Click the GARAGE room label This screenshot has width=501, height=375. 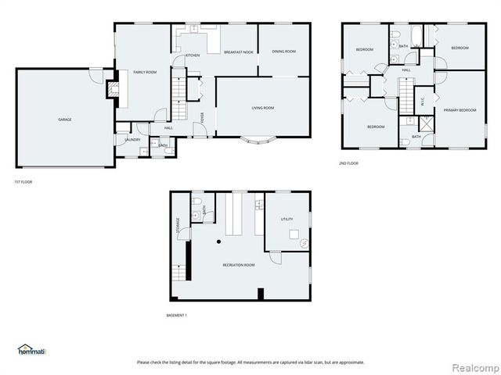(x=65, y=120)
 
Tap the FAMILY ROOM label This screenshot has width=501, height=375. (x=145, y=72)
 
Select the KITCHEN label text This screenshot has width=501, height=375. (x=192, y=55)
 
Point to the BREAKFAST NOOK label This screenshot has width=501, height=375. (x=238, y=52)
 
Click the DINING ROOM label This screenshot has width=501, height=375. (x=283, y=52)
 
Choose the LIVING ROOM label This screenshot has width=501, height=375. (x=262, y=108)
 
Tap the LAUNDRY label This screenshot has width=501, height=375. (x=132, y=140)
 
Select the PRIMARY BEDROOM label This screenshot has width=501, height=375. (x=460, y=110)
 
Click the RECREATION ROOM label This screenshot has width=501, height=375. (x=239, y=266)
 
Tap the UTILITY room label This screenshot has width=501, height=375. (x=287, y=220)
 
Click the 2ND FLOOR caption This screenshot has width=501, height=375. (x=348, y=163)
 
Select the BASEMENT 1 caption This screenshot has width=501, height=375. (x=177, y=315)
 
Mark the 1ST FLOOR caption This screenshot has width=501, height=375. (x=23, y=181)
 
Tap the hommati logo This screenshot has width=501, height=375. (x=32, y=349)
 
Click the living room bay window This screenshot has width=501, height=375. (x=258, y=143)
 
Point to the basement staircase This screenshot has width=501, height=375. (x=181, y=273)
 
